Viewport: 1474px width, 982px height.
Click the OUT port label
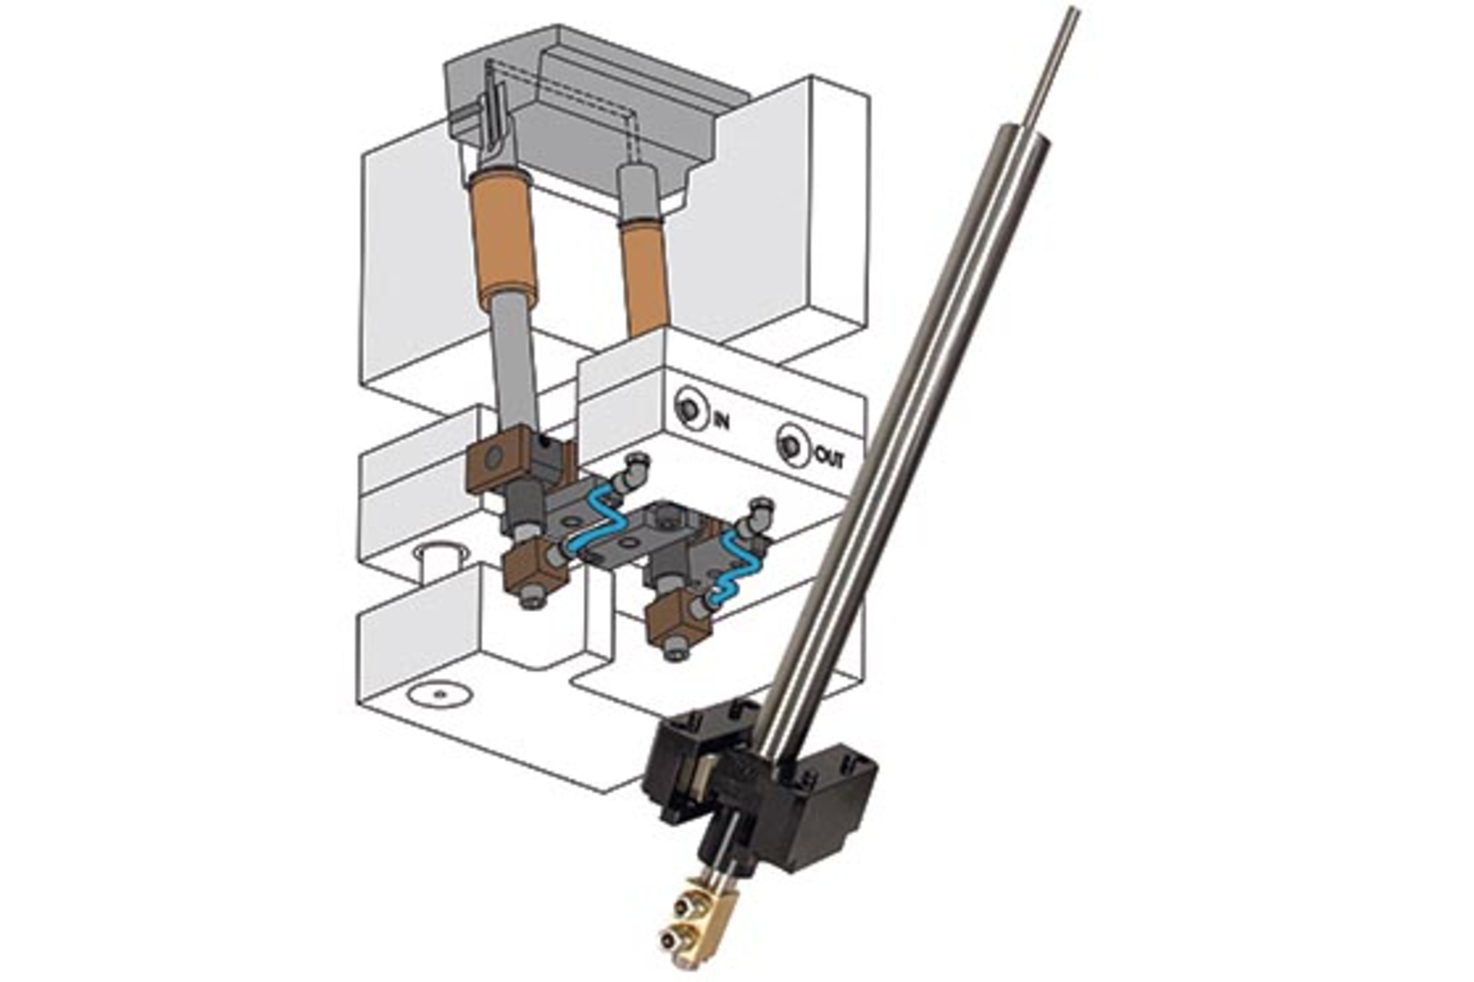(x=829, y=458)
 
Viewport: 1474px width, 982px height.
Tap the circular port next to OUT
(x=790, y=445)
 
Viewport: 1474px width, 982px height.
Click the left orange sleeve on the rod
(x=502, y=239)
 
